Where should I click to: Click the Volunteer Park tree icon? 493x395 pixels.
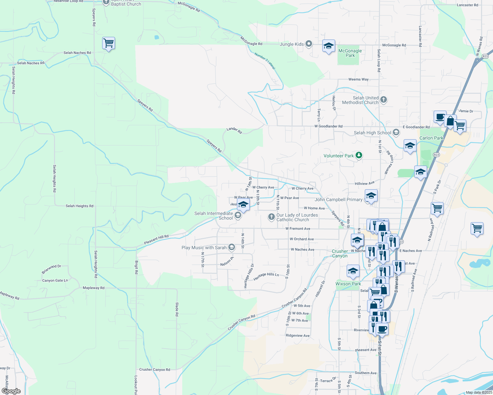click(x=359, y=155)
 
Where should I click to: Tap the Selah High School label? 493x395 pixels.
click(x=372, y=133)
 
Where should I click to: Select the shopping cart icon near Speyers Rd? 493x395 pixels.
click(x=108, y=43)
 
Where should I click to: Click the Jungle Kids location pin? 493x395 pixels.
click(x=309, y=44)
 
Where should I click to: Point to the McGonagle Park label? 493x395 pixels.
click(x=350, y=53)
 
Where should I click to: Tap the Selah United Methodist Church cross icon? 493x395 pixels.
click(x=383, y=99)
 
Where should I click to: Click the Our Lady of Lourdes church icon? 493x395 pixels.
click(x=271, y=217)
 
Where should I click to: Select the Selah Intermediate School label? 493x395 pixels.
click(x=214, y=216)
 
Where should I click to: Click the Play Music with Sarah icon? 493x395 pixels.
click(x=232, y=247)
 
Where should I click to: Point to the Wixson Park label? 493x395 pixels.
click(x=348, y=284)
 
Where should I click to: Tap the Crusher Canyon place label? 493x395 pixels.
click(x=340, y=253)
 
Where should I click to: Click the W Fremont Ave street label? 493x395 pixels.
click(x=298, y=228)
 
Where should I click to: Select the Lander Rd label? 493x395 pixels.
click(x=234, y=130)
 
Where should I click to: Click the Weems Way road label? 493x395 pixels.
click(x=358, y=79)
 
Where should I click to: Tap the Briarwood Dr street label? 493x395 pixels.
click(x=51, y=269)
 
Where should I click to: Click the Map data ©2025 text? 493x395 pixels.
click(x=478, y=392)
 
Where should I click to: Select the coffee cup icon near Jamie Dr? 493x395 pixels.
click(x=440, y=117)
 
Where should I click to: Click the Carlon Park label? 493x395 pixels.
click(x=431, y=138)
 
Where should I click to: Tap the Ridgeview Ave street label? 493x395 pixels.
click(x=298, y=336)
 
